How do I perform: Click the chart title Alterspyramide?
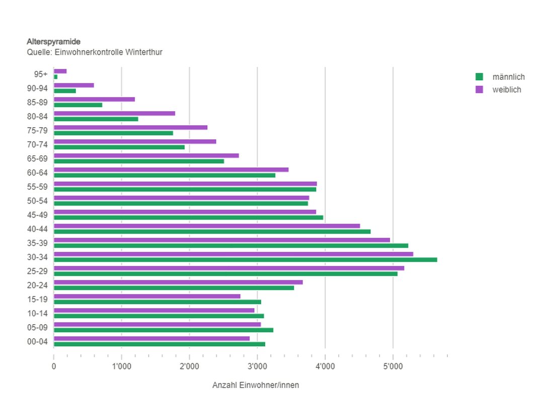(53, 42)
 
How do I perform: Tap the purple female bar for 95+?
(60, 71)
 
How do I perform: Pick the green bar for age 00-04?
(159, 344)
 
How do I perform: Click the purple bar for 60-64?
(171, 170)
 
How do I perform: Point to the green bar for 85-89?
(78, 105)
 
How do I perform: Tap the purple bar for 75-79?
(130, 128)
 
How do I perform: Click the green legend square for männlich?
(479, 77)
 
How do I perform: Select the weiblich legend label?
(507, 90)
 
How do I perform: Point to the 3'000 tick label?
(257, 366)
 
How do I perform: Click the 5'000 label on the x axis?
(393, 366)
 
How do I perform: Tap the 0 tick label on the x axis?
(54, 366)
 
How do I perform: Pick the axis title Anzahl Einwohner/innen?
(256, 385)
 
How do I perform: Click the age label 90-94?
(37, 88)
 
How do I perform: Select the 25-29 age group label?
(37, 271)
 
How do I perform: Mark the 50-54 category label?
(37, 201)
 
